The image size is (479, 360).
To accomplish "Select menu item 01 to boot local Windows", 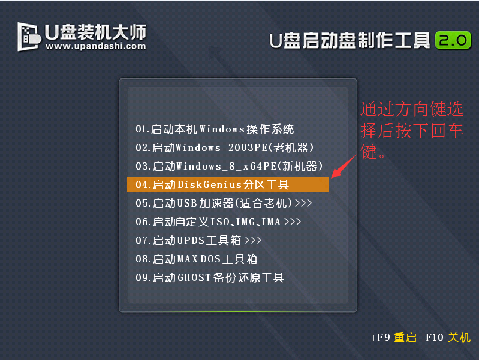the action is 215,129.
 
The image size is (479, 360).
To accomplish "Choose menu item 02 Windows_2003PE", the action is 225,148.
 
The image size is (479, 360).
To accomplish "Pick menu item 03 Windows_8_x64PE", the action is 229,167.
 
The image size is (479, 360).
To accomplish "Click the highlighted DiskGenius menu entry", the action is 228,184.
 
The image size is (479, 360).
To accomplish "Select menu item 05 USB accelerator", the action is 224,203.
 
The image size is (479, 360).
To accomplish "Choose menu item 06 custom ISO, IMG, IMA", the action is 218,222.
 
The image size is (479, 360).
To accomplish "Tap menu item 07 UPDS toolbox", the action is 198,241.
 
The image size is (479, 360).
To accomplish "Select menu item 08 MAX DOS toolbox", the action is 197,259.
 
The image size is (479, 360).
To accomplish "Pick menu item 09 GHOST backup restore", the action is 210,278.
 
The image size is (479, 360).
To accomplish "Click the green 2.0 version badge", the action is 453,40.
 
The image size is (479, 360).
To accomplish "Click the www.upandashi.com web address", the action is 95,46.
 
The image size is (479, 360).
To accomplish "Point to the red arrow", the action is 344,167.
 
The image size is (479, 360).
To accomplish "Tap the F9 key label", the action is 384,337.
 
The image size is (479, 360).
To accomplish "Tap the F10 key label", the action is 435,337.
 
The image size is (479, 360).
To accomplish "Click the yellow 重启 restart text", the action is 405,338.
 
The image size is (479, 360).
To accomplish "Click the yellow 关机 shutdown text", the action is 459,338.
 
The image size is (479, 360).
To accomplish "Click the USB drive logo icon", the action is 29,37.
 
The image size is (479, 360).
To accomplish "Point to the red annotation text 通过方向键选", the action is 412,109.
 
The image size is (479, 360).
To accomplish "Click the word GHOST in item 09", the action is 194,278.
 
